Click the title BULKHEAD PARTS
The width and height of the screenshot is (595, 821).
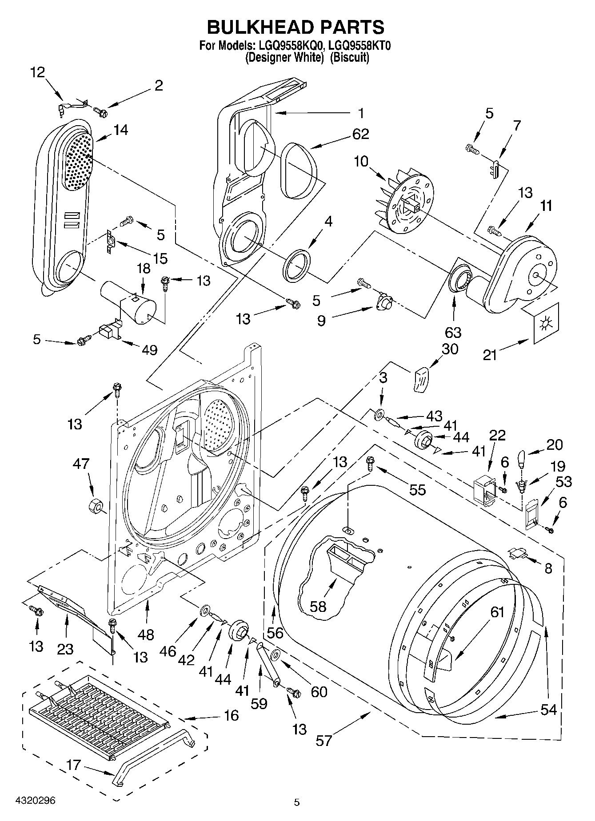tap(296, 27)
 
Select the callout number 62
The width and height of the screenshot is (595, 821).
tap(360, 134)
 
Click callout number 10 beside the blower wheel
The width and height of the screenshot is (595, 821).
tap(361, 161)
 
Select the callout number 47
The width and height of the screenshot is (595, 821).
tap(82, 464)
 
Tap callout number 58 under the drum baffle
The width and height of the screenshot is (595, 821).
tap(318, 607)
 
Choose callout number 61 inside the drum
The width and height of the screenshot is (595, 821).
tap(497, 612)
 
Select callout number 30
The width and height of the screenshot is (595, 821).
tap(450, 349)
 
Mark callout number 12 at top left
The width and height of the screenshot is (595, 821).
tap(38, 72)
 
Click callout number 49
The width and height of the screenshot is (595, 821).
tap(149, 350)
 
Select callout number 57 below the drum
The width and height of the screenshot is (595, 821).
tap(324, 741)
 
